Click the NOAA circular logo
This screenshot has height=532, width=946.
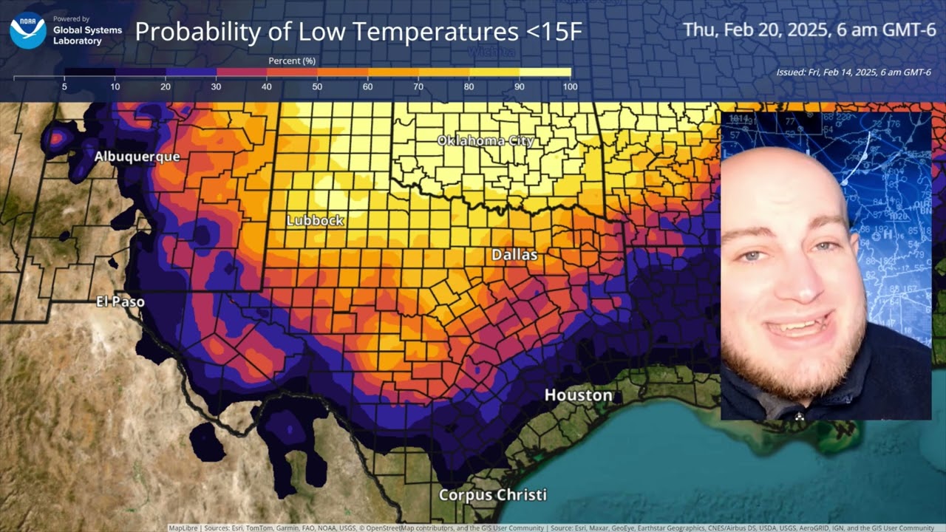[28, 30]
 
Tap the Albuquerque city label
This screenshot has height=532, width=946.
[137, 157]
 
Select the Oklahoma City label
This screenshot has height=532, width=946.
[485, 140]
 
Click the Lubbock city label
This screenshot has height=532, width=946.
[316, 220]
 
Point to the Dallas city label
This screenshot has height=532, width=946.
[514, 255]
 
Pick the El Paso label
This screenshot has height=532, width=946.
[120, 301]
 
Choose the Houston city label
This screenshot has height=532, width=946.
[578, 395]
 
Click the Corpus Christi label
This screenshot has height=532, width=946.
[493, 495]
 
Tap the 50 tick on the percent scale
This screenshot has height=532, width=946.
[317, 86]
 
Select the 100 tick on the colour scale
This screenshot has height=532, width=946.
[569, 86]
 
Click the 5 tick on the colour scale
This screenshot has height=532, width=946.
[64, 86]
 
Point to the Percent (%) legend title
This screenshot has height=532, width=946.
[292, 61]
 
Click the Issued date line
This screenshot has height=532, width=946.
[854, 72]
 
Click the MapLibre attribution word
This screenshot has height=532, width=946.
[182, 528]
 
